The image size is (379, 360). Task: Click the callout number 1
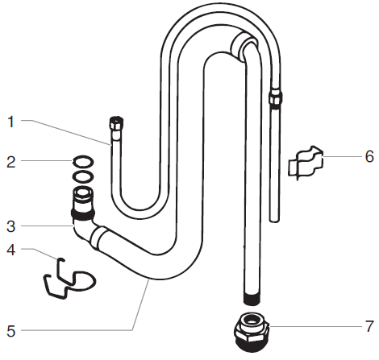pyautogui.click(x=10, y=122)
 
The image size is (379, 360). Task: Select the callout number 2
pyautogui.click(x=10, y=162)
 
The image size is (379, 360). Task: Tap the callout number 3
pyautogui.click(x=10, y=226)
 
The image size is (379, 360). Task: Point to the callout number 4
pyautogui.click(x=10, y=250)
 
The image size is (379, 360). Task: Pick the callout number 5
pyautogui.click(x=10, y=330)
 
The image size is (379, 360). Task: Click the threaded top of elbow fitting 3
pyautogui.click(x=81, y=197)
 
